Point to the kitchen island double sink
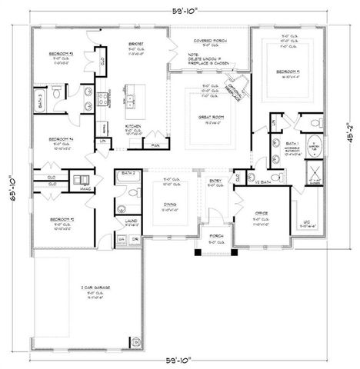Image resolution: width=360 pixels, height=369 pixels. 130,100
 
